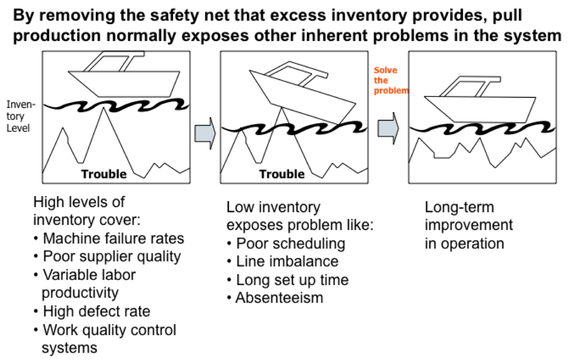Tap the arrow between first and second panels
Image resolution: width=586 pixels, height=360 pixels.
click(205, 133)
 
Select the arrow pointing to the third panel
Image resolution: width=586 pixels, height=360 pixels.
click(388, 128)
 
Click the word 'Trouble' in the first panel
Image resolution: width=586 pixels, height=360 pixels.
click(104, 174)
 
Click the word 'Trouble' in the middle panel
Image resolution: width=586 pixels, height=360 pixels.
click(282, 174)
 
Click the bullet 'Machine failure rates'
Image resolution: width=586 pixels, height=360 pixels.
click(113, 238)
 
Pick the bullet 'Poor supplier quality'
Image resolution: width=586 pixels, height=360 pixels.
click(112, 257)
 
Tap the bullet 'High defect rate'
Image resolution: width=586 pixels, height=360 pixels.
click(96, 312)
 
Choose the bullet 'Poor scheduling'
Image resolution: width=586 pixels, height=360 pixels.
click(290, 244)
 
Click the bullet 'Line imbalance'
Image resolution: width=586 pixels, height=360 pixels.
click(287, 262)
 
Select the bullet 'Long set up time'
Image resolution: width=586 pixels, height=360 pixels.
click(292, 280)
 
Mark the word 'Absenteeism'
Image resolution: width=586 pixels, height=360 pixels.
click(279, 298)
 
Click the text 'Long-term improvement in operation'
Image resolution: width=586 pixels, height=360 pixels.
click(468, 225)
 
